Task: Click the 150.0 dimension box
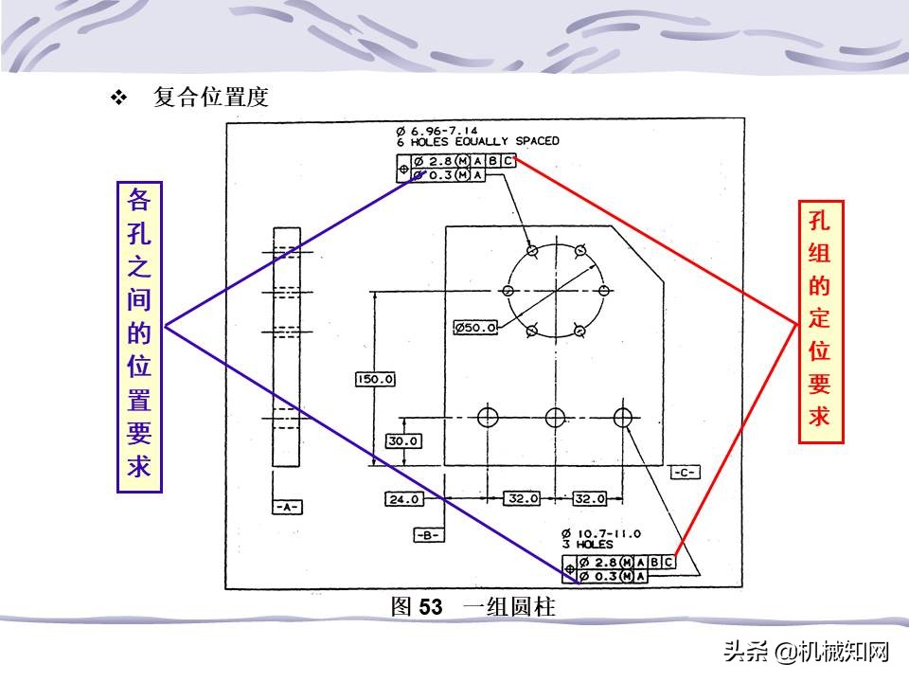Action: pos(375,380)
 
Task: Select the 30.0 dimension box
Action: pos(403,440)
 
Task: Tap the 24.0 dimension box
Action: pos(403,498)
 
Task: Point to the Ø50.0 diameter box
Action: pos(475,328)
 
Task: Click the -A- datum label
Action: pos(287,507)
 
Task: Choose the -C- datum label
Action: pos(684,472)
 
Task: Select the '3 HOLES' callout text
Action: pos(587,545)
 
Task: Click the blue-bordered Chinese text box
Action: pos(139,336)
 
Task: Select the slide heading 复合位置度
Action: pos(211,98)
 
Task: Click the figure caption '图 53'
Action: pos(417,607)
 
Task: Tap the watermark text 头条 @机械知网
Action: pos(807,652)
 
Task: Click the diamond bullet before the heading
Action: pos(119,98)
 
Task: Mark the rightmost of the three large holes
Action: pos(623,417)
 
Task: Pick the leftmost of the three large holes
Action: pos(488,417)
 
